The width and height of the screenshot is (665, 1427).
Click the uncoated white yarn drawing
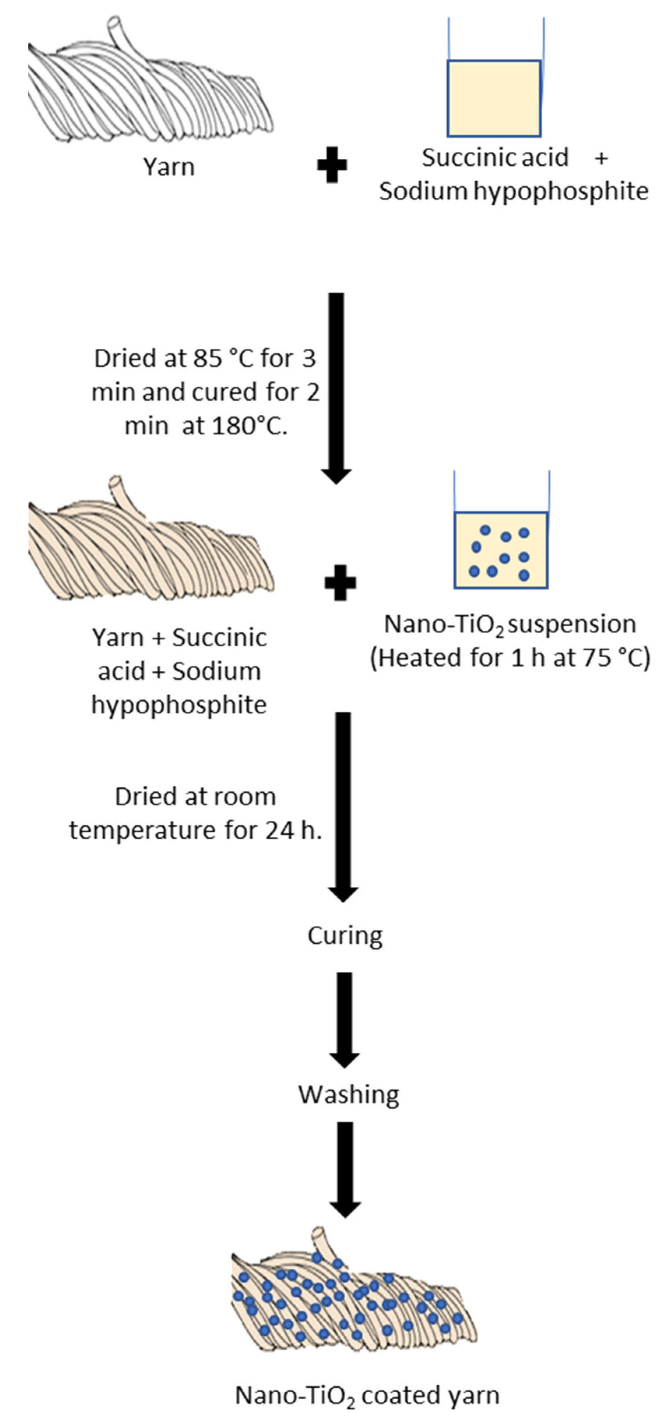150,89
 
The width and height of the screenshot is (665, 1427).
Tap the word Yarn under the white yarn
169,167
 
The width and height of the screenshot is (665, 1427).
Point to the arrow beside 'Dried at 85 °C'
336,388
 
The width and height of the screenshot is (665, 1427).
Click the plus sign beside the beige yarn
340,583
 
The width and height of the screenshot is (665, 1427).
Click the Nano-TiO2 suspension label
510,624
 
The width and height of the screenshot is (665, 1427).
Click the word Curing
345,936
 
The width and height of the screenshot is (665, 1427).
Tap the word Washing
348,1095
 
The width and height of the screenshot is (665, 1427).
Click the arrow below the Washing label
345,1169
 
